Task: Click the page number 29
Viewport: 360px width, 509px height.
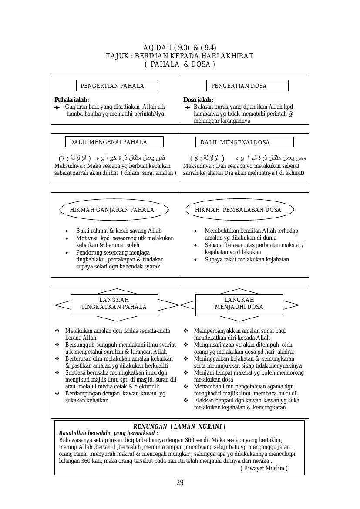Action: (x=180, y=482)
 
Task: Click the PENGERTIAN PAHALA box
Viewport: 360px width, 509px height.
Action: (x=117, y=86)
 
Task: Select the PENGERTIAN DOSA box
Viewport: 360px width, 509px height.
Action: (x=247, y=86)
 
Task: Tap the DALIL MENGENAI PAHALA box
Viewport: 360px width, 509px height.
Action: (x=114, y=142)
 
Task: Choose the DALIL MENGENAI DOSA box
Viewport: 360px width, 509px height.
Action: (x=244, y=142)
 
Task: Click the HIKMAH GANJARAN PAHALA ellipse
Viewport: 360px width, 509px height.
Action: (x=112, y=210)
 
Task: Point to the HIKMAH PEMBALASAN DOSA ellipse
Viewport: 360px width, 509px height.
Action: (x=239, y=210)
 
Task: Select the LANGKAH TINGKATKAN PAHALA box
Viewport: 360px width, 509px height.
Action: (x=114, y=304)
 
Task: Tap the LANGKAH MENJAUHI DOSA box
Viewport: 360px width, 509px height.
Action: (x=239, y=304)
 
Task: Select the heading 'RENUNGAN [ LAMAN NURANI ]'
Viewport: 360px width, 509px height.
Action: (x=179, y=427)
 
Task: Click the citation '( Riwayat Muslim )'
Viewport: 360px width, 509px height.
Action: (x=264, y=468)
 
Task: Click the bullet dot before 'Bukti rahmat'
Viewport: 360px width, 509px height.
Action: (x=67, y=231)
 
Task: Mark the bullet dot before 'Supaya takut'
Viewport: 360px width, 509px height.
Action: (x=195, y=260)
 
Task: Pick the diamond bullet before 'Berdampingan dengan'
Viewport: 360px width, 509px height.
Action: (x=57, y=394)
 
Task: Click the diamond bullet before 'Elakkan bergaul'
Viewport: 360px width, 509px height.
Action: (x=186, y=401)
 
